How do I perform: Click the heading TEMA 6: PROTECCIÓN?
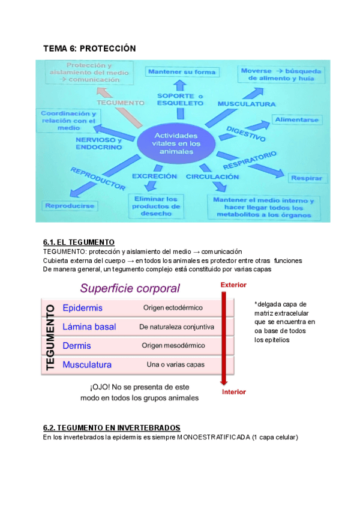point(90,48)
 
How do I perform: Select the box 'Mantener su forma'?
point(181,72)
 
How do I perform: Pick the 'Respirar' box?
point(307,178)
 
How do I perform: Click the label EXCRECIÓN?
point(155,176)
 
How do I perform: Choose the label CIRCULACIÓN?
point(212,177)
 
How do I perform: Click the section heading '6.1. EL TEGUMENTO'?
point(79,242)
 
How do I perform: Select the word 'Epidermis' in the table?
point(83,308)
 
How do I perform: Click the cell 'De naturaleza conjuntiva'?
point(176,327)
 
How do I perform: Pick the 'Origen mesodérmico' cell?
point(173,346)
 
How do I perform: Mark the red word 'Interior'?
point(234,392)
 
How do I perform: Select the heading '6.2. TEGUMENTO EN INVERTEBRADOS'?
point(112,428)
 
